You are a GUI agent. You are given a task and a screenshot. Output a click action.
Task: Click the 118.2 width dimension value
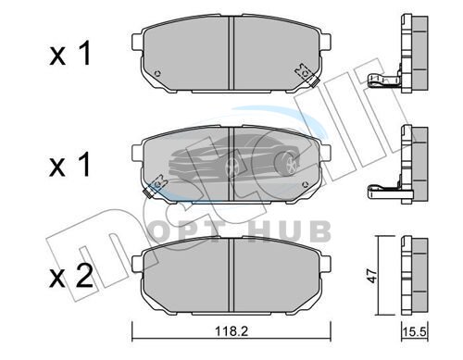[x=231, y=331]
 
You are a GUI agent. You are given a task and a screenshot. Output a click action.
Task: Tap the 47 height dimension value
[x=373, y=276]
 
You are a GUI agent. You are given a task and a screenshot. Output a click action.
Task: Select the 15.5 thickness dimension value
[x=414, y=332]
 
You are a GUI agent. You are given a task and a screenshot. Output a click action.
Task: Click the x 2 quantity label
[x=71, y=277]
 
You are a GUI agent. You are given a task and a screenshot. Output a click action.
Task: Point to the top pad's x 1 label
[x=70, y=53]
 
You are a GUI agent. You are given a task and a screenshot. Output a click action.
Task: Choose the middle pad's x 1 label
[x=70, y=164]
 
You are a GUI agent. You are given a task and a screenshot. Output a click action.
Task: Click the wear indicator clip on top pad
[x=307, y=75]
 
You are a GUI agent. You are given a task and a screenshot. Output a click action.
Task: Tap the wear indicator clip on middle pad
[x=156, y=187]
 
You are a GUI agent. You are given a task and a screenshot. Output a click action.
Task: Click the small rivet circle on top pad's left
[x=157, y=74]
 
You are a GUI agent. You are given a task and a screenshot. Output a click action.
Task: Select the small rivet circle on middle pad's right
[x=306, y=185]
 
